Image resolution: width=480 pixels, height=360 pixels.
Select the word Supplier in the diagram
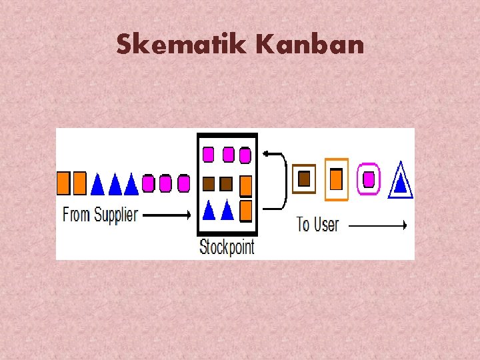[116, 215]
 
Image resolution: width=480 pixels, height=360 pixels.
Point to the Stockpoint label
[227, 247]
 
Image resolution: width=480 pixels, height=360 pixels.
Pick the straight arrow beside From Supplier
[167, 215]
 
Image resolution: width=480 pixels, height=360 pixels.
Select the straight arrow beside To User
[377, 225]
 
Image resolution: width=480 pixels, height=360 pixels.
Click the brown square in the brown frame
[304, 179]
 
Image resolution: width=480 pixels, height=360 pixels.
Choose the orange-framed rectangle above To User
[337, 179]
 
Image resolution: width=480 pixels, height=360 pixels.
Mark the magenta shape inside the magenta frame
[368, 179]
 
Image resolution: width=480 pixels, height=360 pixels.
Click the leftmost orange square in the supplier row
[63, 183]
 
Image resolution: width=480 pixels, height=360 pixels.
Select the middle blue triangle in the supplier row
[115, 183]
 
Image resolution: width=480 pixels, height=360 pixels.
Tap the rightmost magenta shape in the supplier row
[183, 183]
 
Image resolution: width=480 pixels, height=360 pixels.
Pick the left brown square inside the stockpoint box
[208, 183]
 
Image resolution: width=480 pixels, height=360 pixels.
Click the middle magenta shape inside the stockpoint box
[228, 155]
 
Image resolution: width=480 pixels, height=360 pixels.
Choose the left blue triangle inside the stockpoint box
[208, 210]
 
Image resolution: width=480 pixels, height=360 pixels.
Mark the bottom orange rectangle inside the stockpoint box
[245, 210]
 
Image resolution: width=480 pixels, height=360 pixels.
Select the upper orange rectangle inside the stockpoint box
[245, 185]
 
